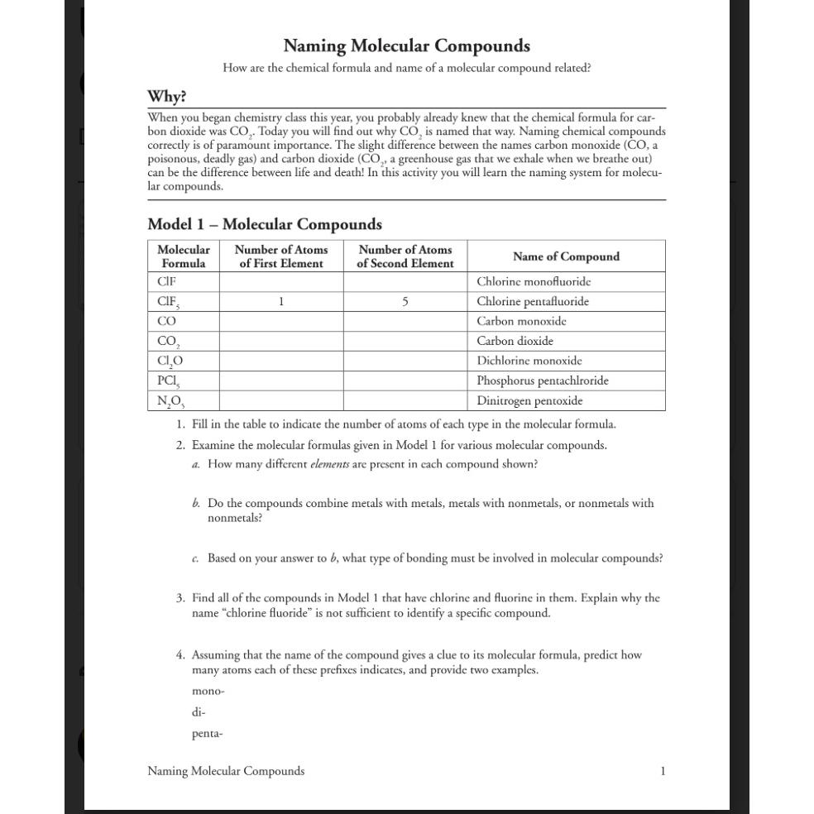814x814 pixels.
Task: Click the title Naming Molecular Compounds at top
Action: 406,45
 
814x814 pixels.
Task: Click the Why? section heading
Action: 166,97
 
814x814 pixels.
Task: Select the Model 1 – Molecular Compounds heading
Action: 265,224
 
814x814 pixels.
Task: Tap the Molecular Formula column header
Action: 183,256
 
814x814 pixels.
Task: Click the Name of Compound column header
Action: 566,256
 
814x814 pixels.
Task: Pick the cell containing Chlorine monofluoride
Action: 534,282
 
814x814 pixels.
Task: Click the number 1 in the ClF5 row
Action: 281,302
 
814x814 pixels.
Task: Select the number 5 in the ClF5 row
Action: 405,302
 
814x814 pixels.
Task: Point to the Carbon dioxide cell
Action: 515,341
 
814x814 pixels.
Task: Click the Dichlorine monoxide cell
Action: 529,361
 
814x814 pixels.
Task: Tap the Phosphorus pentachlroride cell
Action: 542,381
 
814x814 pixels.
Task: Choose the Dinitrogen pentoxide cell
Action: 529,401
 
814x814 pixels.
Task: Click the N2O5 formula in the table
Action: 170,401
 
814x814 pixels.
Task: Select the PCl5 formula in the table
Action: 169,381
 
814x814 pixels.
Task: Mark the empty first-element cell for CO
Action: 281,321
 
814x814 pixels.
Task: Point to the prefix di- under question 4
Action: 199,712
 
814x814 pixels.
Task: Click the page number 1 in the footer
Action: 663,771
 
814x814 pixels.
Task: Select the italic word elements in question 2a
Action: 329,464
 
